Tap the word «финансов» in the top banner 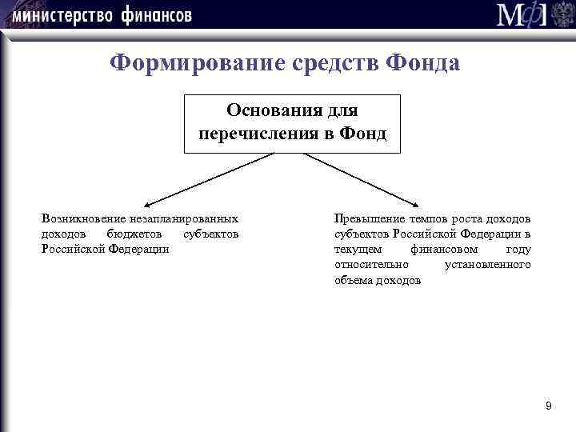coord(158,15)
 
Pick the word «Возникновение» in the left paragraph coord(81,218)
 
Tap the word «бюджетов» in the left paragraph coord(135,234)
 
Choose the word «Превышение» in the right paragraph coord(367,218)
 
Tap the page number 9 coord(548,407)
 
